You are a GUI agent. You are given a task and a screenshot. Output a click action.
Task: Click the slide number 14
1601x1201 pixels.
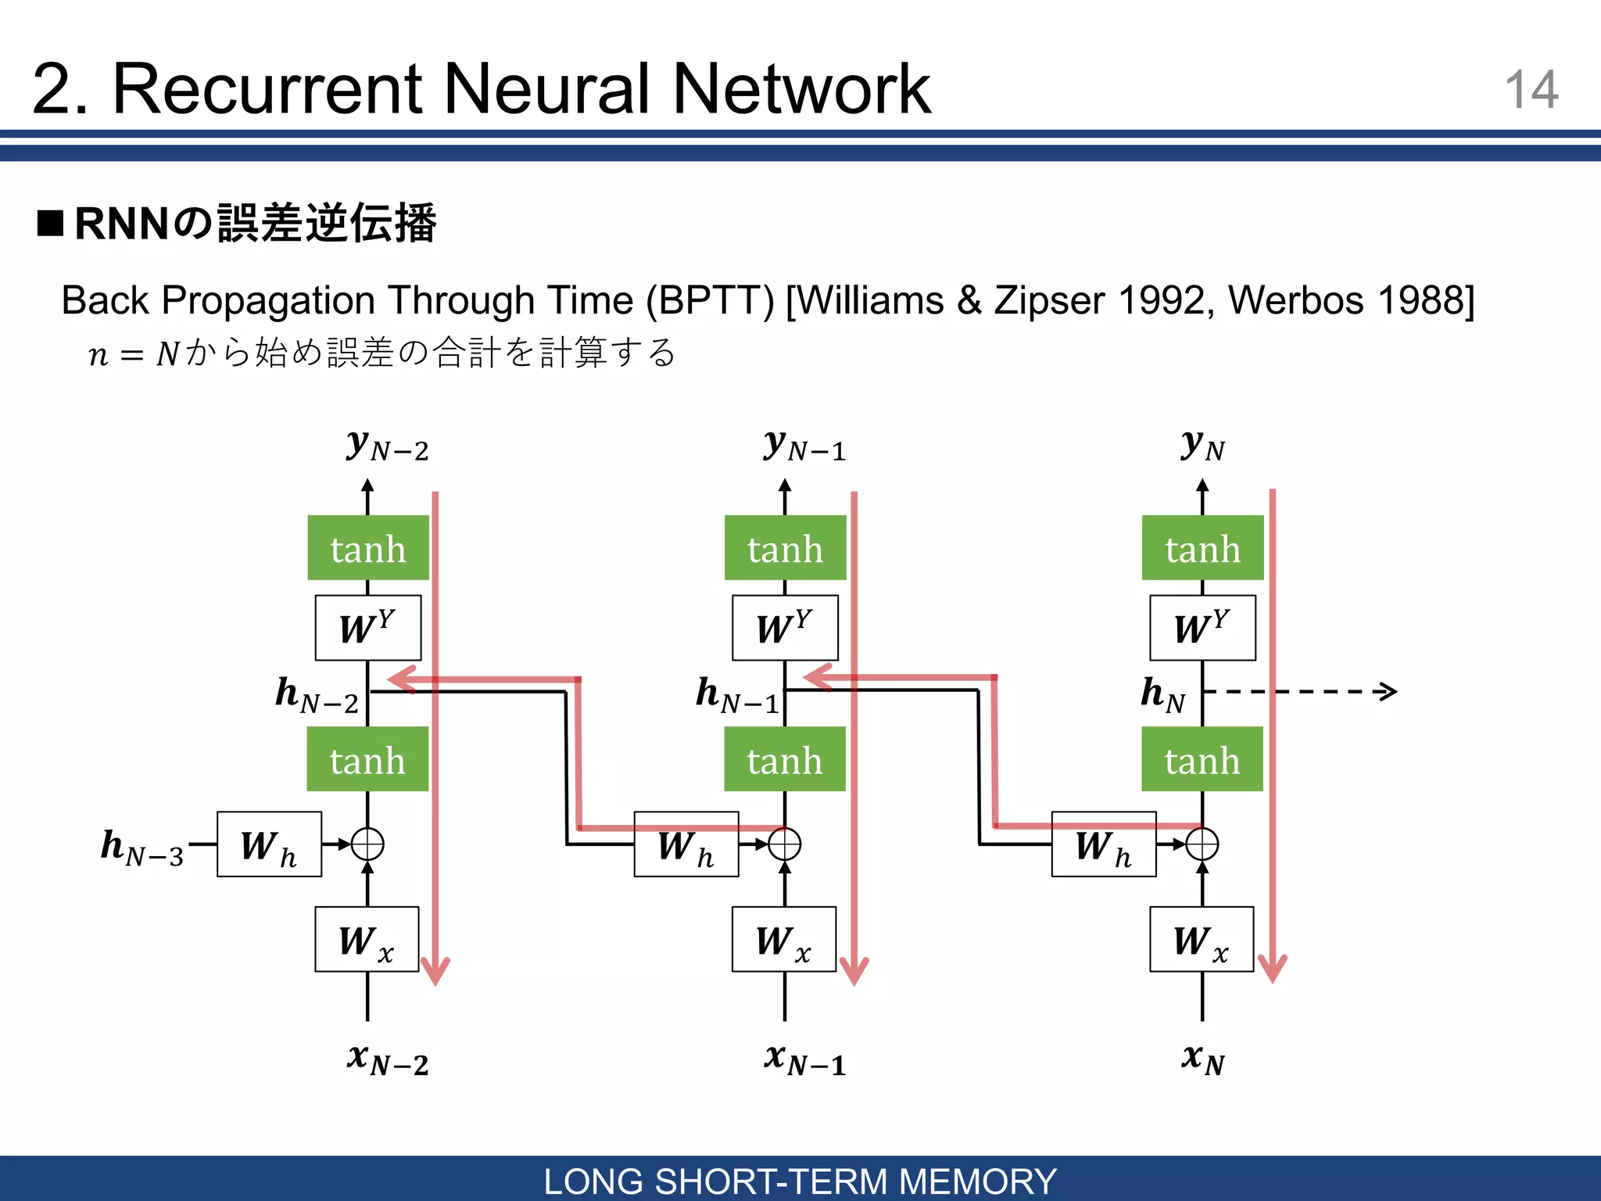tap(1531, 90)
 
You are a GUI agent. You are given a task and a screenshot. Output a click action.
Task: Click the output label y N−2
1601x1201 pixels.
tap(388, 446)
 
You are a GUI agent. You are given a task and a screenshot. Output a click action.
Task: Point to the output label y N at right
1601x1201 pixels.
tap(1202, 446)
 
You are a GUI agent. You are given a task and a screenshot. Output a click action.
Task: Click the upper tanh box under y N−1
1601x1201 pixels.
tap(785, 548)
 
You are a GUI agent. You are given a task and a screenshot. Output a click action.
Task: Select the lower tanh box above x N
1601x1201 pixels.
tap(1202, 759)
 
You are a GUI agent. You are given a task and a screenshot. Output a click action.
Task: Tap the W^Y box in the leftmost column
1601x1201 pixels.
tap(367, 628)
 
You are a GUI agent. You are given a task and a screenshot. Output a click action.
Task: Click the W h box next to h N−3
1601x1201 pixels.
tap(269, 844)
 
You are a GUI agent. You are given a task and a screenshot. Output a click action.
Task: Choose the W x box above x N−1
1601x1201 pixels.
tap(784, 939)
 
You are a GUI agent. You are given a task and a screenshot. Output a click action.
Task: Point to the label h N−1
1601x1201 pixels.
tap(737, 695)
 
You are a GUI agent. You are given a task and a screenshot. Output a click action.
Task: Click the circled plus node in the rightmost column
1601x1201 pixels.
tap(1202, 844)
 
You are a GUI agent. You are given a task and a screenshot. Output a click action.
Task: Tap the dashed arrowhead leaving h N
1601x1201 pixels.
tap(1388, 691)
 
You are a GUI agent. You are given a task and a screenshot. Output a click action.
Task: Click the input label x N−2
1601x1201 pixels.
tap(388, 1059)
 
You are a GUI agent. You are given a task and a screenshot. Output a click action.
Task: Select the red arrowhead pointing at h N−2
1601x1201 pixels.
tap(400, 679)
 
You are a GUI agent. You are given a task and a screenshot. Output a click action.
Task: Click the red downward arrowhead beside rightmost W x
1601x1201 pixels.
tap(1272, 970)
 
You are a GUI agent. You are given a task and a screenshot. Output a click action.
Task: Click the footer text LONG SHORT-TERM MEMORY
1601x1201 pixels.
tap(800, 1181)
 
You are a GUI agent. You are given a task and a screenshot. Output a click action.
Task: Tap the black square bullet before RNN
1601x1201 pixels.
tap(50, 224)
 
